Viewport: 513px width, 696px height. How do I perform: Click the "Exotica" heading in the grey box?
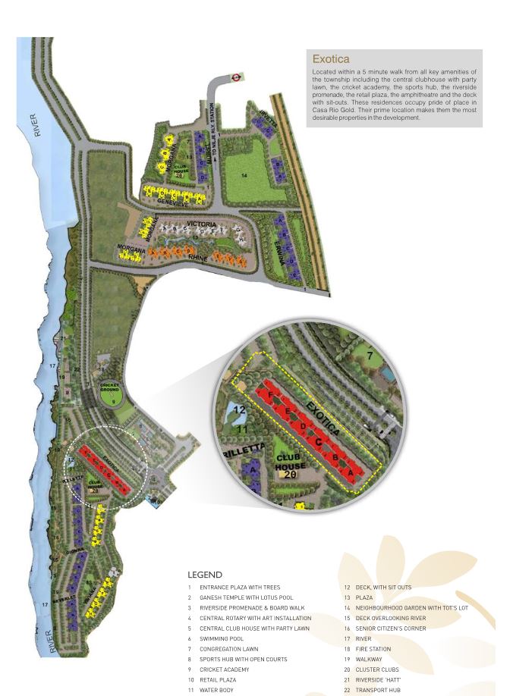[330, 58]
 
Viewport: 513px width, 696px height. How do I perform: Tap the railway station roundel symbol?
[235, 76]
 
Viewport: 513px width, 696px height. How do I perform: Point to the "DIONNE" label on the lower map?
[74, 553]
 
